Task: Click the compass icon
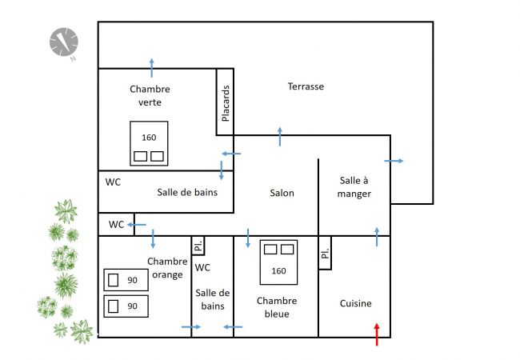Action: [63, 42]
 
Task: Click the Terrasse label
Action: [306, 86]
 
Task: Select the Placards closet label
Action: [226, 103]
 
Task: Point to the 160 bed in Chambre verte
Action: [149, 143]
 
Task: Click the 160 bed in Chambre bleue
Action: [278, 262]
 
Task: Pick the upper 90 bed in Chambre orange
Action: [126, 280]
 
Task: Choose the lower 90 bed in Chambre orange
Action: [126, 306]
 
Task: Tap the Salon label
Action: [282, 193]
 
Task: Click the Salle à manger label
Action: [353, 187]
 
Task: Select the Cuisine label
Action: [355, 303]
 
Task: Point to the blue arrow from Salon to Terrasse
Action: [280, 136]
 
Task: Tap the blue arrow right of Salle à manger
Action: [394, 162]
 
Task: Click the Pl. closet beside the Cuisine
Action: [325, 254]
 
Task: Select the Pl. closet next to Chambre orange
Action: [198, 246]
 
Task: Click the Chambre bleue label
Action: [277, 307]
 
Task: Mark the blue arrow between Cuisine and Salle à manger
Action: [377, 236]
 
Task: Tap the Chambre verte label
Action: [150, 94]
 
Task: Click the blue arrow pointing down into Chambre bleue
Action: [248, 238]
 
